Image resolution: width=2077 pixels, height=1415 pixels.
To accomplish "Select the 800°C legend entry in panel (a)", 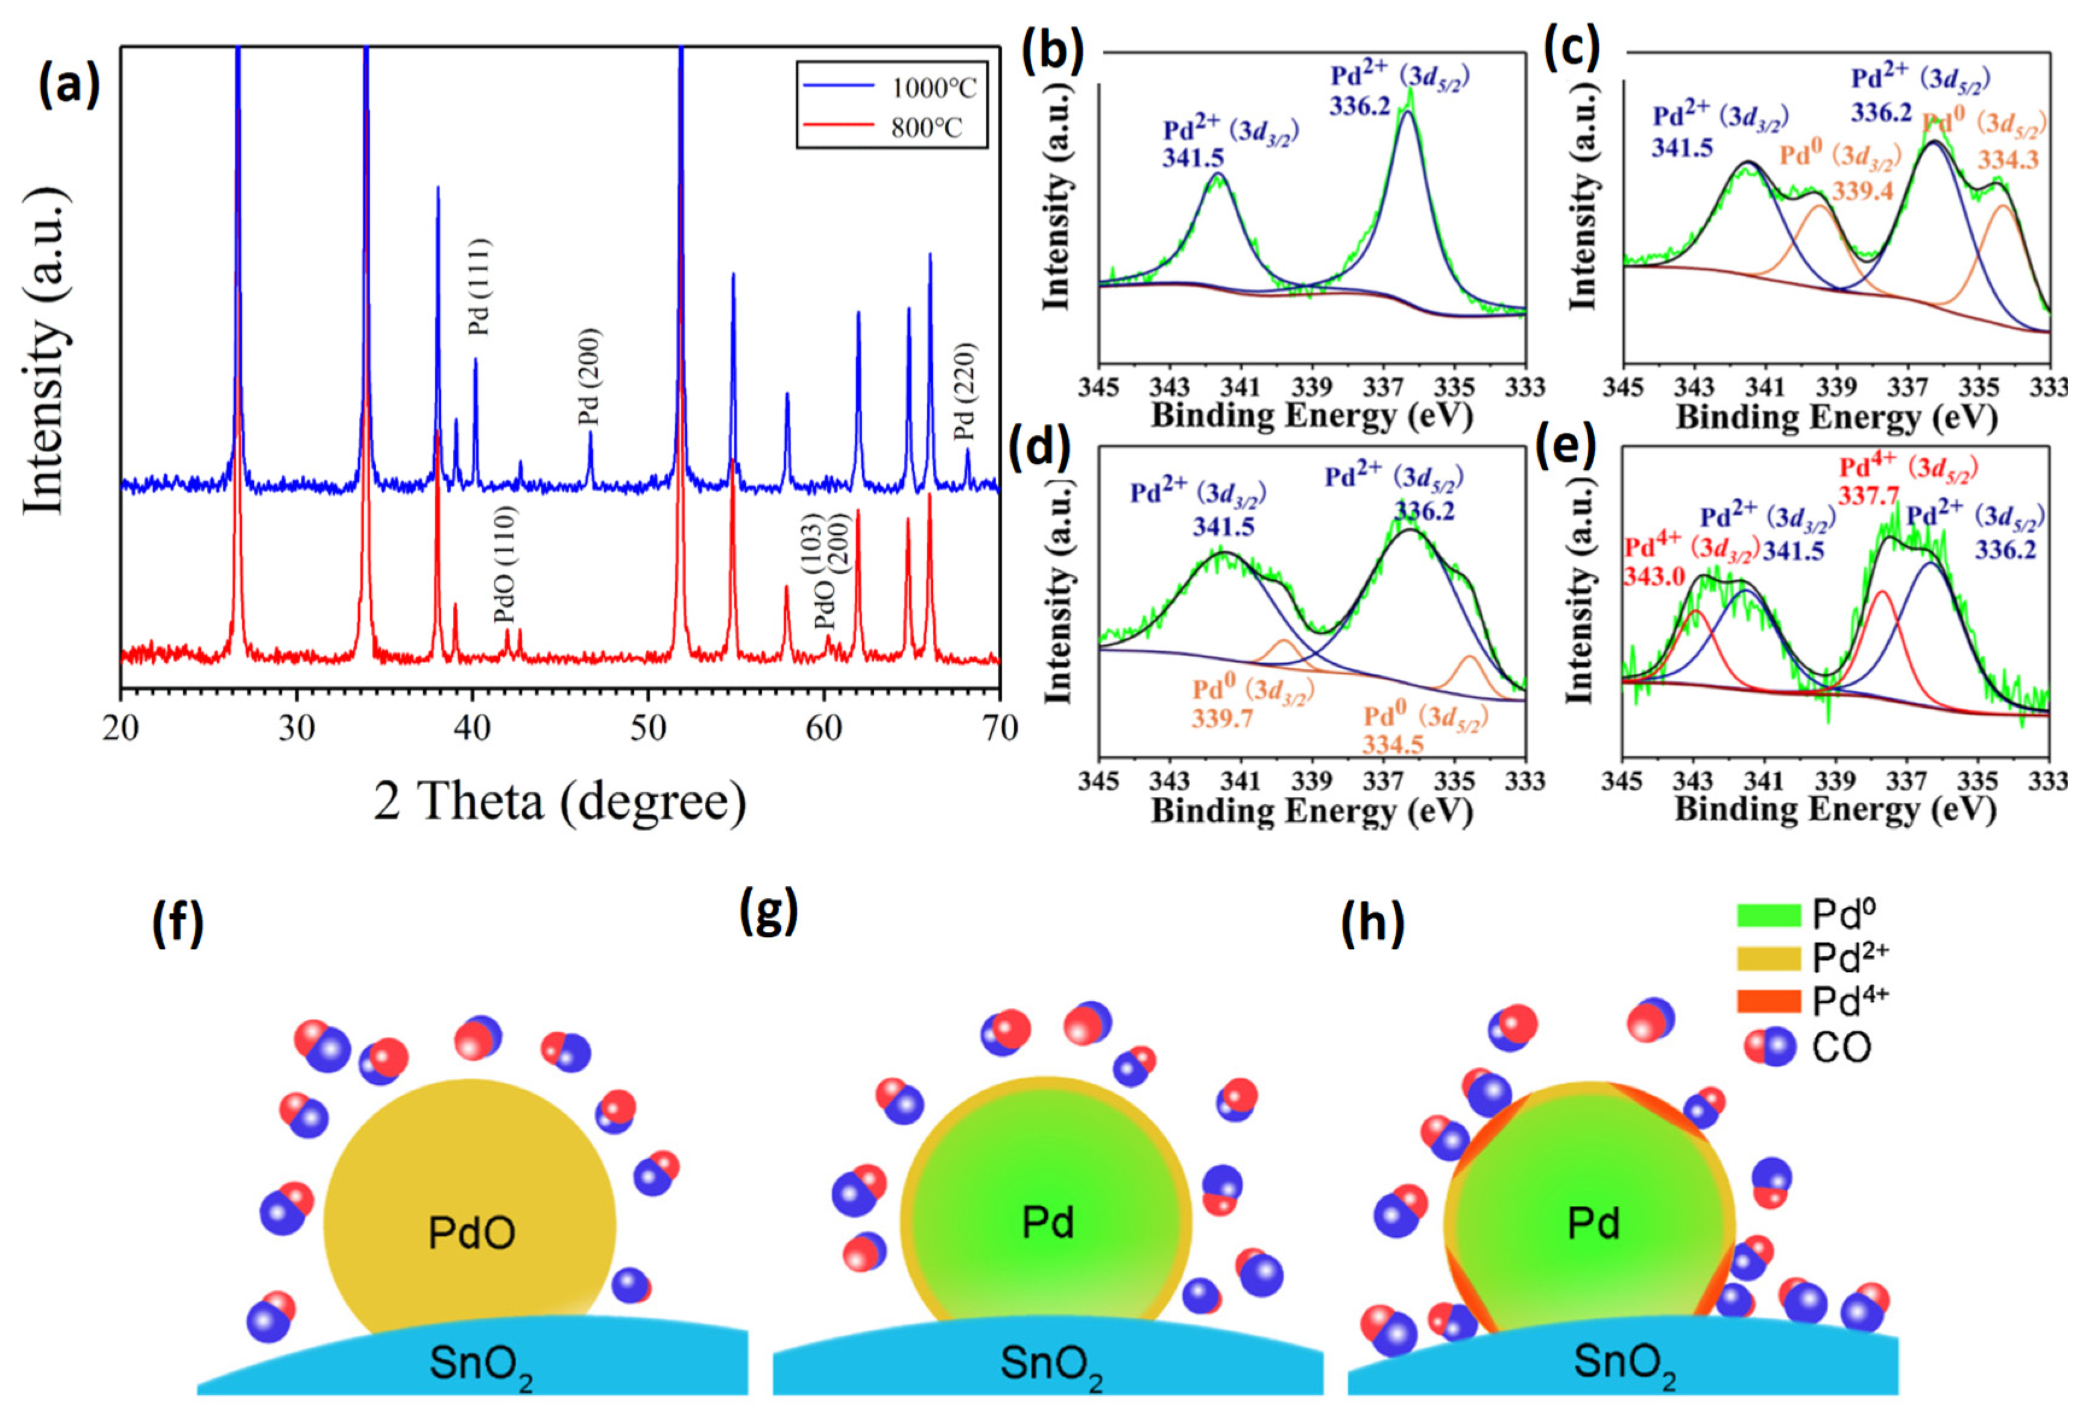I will (x=926, y=128).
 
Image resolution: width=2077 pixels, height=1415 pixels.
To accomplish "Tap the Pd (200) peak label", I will (x=589, y=377).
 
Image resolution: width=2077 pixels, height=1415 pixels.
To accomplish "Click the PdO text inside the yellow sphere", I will (x=471, y=1234).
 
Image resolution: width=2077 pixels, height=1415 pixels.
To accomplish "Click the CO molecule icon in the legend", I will (x=1770, y=1046).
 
